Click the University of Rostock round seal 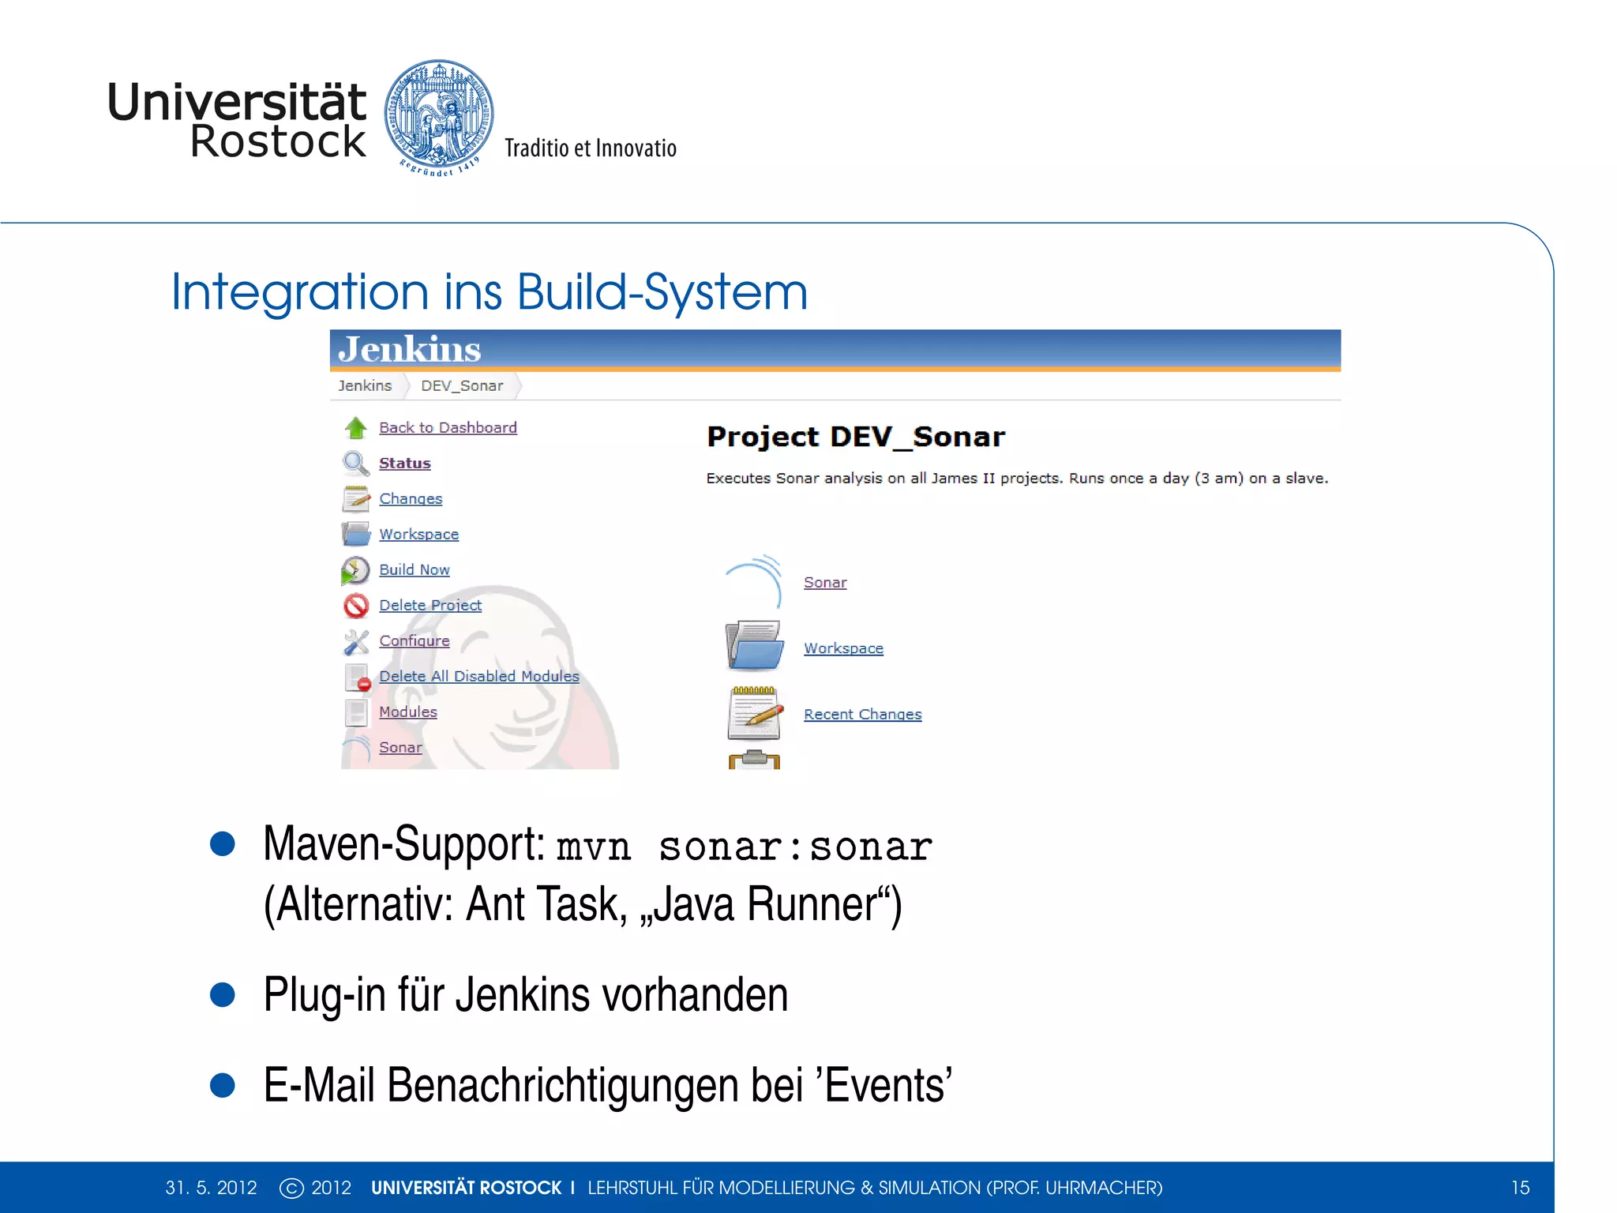click(x=439, y=116)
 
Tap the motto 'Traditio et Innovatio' click(x=590, y=148)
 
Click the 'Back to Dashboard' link click(x=448, y=427)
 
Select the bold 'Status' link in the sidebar click(x=404, y=463)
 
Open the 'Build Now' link click(x=414, y=569)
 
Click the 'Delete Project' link click(x=430, y=605)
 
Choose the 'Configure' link click(x=414, y=640)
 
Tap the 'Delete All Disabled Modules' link click(x=478, y=676)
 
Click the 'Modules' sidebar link click(x=407, y=712)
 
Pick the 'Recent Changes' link click(x=862, y=714)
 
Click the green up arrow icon click(x=356, y=427)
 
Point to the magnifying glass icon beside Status click(x=355, y=463)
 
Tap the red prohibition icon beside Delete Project click(x=356, y=606)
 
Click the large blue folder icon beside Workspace click(x=754, y=645)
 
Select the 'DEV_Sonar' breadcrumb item click(x=462, y=385)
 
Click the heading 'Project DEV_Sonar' click(x=856, y=437)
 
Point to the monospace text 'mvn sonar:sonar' click(x=744, y=847)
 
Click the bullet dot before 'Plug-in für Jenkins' click(x=223, y=994)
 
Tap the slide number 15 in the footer click(x=1520, y=1188)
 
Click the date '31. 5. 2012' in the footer click(x=211, y=1188)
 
